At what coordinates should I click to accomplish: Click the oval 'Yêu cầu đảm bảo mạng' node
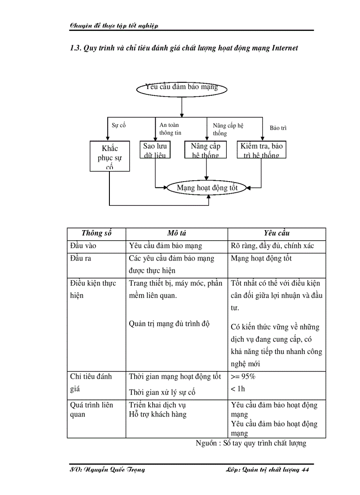coord(181,88)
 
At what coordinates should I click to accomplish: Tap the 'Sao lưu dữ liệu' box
coord(155,149)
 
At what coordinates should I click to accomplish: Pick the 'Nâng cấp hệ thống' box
coord(205,149)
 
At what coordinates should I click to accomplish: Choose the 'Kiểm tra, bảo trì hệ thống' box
coord(261,149)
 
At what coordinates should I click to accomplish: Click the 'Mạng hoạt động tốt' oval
coord(207,188)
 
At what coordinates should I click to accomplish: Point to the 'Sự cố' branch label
coord(119,125)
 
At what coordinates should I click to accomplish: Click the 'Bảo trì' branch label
coord(278,128)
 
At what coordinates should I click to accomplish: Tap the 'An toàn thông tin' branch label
coord(170,129)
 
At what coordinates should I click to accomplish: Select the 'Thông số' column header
coord(96,233)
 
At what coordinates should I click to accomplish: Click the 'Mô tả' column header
coord(176,233)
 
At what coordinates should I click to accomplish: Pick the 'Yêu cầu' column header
coord(277,233)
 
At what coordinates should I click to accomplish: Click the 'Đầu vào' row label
coord(83,246)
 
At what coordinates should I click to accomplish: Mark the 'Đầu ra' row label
coord(81,258)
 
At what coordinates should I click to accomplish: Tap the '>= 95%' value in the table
coord(243,377)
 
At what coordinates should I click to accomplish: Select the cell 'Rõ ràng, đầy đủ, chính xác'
coord(272,246)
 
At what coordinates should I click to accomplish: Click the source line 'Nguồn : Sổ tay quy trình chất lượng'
coord(251,443)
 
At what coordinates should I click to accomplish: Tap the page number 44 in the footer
coord(304,470)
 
